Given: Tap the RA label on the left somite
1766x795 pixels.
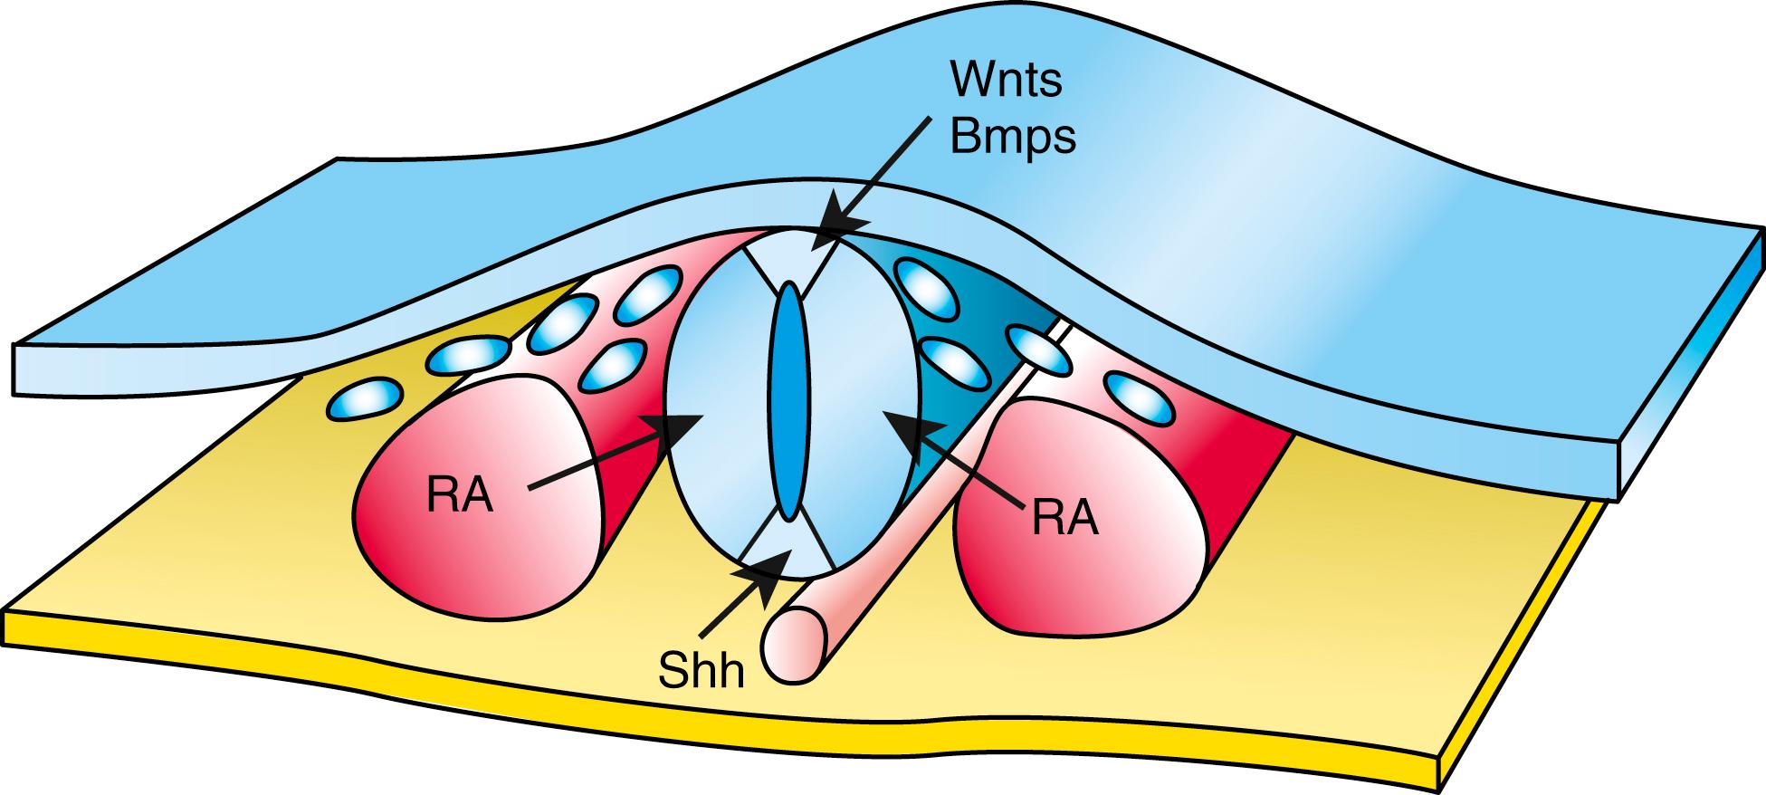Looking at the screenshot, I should [462, 496].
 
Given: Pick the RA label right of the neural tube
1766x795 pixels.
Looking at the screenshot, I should [1064, 519].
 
